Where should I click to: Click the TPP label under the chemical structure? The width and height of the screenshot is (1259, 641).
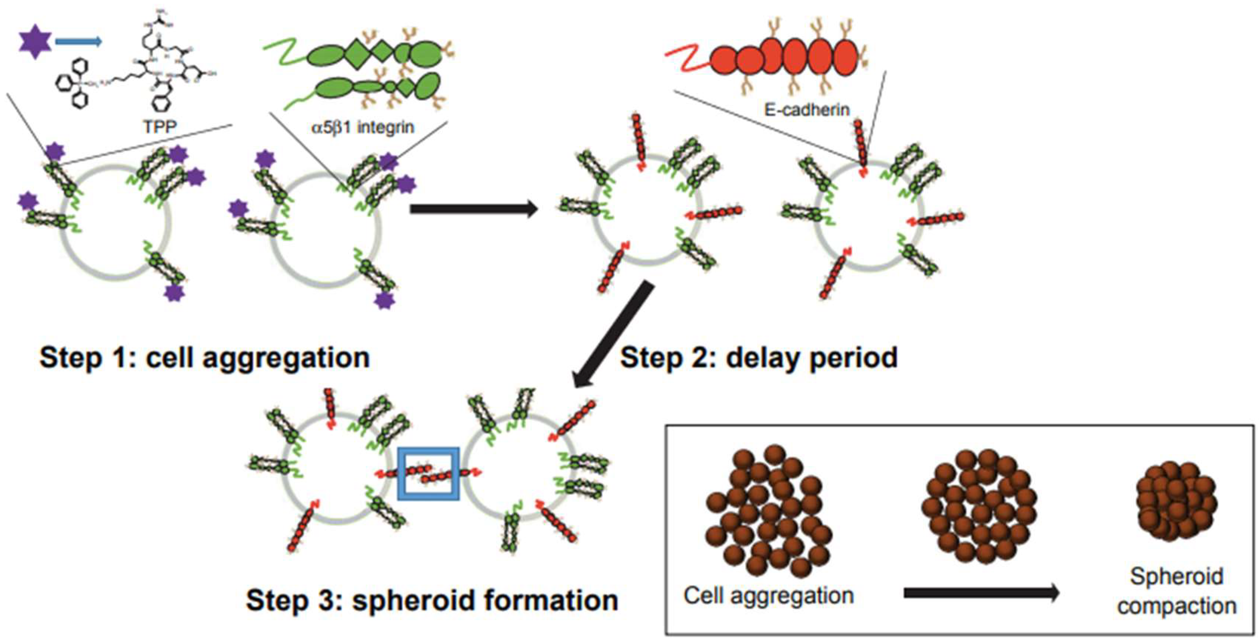(x=160, y=127)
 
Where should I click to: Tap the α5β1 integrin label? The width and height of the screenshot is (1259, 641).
(x=363, y=127)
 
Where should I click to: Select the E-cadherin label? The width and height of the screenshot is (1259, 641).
(x=807, y=110)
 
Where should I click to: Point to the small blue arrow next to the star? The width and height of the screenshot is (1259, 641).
(x=78, y=42)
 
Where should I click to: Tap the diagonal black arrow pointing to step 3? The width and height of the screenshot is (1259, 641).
(x=614, y=335)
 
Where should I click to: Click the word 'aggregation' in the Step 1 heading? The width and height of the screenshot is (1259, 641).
(x=286, y=358)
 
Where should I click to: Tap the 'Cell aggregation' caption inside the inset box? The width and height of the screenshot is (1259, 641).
(x=768, y=595)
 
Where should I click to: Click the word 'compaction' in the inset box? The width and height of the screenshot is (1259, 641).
(x=1177, y=606)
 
